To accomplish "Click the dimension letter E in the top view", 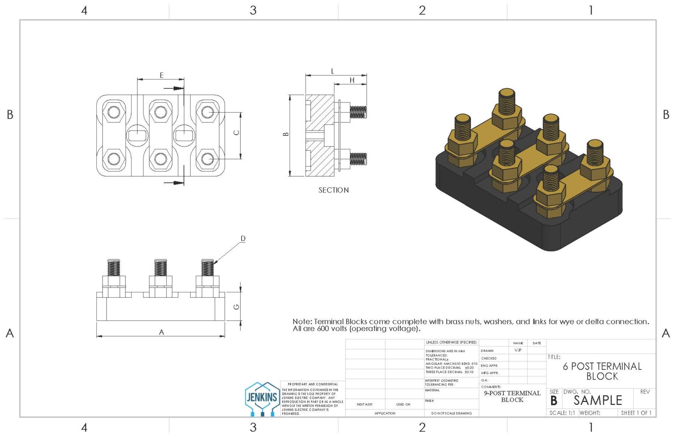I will coord(162,75).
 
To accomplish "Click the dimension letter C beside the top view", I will coord(236,132).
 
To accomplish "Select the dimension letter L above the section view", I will coord(332,71).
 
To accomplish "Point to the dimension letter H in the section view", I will coord(352,80).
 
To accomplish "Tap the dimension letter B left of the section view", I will coord(286,134).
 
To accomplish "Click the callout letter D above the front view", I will coord(243,239).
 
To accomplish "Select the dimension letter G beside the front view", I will coord(236,306).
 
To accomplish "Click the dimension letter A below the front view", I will coord(162,332).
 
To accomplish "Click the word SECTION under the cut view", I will coord(334,190).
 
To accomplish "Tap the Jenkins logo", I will coord(262,398).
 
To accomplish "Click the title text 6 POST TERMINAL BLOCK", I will coord(602,371).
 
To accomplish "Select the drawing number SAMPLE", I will coord(597,400).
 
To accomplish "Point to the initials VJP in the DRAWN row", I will coord(518,350).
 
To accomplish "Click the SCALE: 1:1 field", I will coord(562,413).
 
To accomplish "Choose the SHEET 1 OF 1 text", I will coord(636,413).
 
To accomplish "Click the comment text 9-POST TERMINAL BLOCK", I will coord(512,396).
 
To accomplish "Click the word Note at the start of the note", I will coord(302,322).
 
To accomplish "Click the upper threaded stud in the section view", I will coord(358,112).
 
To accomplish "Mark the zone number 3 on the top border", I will coord(253,10).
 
